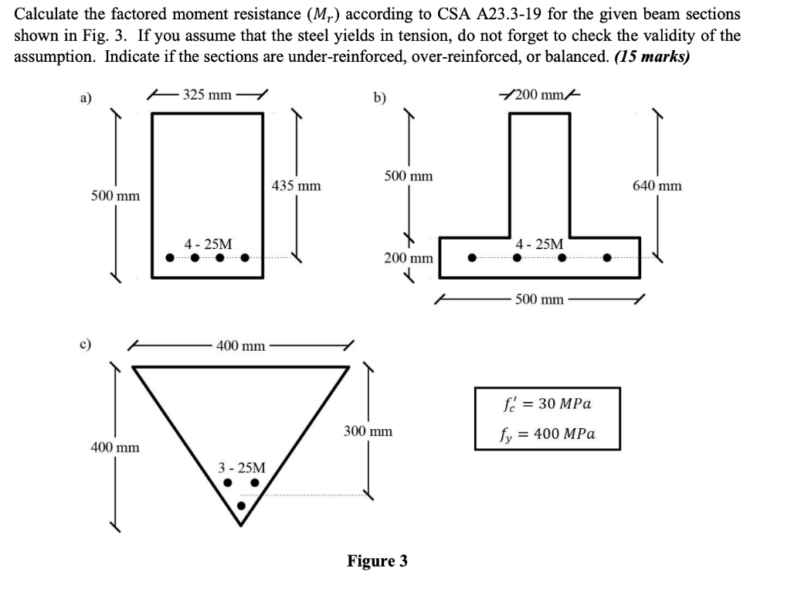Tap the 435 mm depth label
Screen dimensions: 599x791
[297, 186]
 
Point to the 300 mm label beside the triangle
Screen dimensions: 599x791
[368, 431]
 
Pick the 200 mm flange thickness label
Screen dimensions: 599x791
[409, 257]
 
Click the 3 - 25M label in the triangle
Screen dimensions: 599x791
[241, 468]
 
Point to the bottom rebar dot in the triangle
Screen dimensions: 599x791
[241, 506]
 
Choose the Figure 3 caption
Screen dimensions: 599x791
[377, 561]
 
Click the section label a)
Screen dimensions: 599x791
[85, 98]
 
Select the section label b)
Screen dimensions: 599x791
[380, 98]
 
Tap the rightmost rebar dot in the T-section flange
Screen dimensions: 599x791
[608, 258]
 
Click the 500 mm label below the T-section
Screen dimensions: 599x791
[540, 299]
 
